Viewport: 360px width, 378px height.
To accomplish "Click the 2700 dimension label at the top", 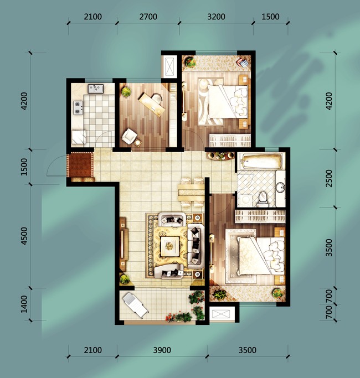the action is tap(148, 17).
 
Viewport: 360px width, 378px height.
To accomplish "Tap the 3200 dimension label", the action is tap(216, 17).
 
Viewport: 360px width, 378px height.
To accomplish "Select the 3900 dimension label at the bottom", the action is tap(162, 350).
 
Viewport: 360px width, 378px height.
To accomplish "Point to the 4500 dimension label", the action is tap(24, 236).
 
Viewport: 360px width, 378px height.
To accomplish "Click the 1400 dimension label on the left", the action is tap(24, 304).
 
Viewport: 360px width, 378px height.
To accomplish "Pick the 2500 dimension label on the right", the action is tap(329, 178).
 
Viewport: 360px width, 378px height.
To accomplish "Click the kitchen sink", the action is tap(96, 89).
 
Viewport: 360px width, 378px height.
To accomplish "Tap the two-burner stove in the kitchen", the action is tap(78, 107).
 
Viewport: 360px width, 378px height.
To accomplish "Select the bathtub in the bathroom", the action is tap(262, 161).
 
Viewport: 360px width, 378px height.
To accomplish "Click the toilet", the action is tap(263, 199).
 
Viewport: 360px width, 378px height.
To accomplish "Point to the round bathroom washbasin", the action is tap(280, 187).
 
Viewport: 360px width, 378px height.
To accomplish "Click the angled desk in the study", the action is tap(152, 105).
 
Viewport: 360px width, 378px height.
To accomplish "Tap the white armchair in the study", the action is tap(130, 137).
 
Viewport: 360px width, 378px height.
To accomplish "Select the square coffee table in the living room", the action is tap(170, 246).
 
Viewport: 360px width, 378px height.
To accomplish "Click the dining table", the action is tap(191, 193).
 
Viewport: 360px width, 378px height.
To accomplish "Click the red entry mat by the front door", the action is tap(80, 165).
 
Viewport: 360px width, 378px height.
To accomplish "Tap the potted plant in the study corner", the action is tap(126, 92).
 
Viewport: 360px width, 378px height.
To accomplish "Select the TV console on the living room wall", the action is tap(123, 244).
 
